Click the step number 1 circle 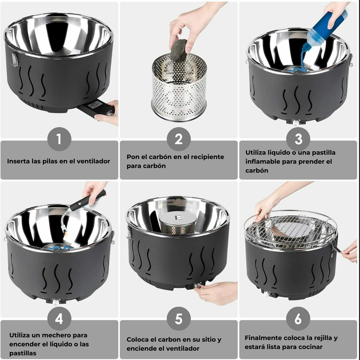point(59,139)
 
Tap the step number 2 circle point(179,139)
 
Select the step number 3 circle point(298,139)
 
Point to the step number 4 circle point(59,319)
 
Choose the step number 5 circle point(179,319)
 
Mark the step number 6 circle point(298,319)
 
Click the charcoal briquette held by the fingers point(179,50)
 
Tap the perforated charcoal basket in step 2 point(179,88)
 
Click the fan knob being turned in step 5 point(197,286)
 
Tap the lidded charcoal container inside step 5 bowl point(178,223)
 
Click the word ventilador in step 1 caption point(93,161)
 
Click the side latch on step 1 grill point(14,59)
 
